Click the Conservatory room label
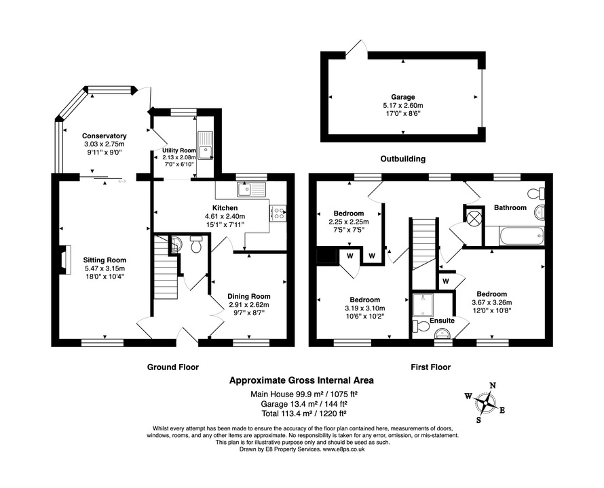pyautogui.click(x=105, y=136)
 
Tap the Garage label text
pyautogui.click(x=402, y=97)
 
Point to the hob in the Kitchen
pyautogui.click(x=279, y=213)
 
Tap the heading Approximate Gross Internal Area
pyautogui.click(x=301, y=381)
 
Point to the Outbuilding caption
pyautogui.click(x=402, y=159)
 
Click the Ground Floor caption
pyautogui.click(x=173, y=367)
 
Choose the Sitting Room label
pyautogui.click(x=105, y=260)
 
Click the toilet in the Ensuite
pyautogui.click(x=421, y=326)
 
